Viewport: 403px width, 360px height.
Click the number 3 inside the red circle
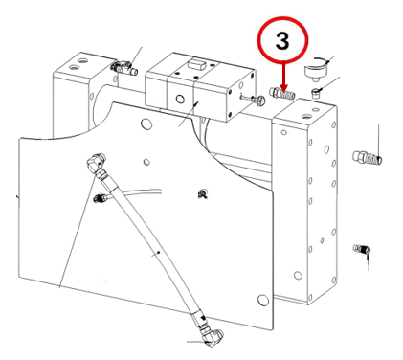pyautogui.click(x=282, y=41)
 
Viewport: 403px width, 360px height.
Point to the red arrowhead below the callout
pyautogui.click(x=283, y=88)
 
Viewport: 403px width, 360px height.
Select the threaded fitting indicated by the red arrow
pyautogui.click(x=282, y=94)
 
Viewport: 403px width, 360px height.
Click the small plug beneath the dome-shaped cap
pyautogui.click(x=316, y=94)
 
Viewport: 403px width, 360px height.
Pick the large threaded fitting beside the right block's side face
pyautogui.click(x=368, y=158)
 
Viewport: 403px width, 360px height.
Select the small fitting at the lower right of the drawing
pyautogui.click(x=361, y=248)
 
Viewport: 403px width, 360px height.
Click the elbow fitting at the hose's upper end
pyautogui.click(x=96, y=164)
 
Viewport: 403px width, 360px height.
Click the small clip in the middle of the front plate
pyautogui.click(x=202, y=193)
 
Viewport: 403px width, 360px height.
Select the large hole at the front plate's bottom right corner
pyautogui.click(x=263, y=301)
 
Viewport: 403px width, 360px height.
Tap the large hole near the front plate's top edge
pyautogui.click(x=146, y=124)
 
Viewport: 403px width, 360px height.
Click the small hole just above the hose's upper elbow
pyautogui.click(x=146, y=162)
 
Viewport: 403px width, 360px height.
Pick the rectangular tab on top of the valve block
pyautogui.click(x=195, y=63)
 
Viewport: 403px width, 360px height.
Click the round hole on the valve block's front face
pyautogui.click(x=180, y=100)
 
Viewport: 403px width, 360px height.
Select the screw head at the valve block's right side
pyautogui.click(x=259, y=101)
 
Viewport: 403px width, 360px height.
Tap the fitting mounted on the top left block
pyautogui.click(x=124, y=68)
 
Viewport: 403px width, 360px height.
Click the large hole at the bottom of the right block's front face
pyautogui.click(x=298, y=275)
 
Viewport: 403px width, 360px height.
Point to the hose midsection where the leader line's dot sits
pyautogui.click(x=159, y=253)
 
